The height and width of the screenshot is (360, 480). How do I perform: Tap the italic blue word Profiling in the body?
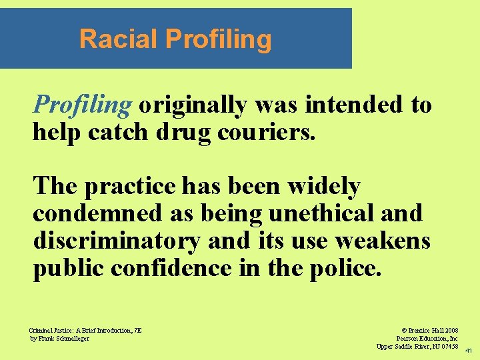coord(83,105)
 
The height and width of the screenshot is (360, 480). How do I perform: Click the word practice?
coord(134,186)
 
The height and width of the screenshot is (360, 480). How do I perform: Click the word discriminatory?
coord(116,241)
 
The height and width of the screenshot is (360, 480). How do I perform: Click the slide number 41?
coord(469,351)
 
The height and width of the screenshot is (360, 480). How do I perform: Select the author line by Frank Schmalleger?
coord(59,339)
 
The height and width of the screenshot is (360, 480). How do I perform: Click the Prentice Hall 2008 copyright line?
coord(429,330)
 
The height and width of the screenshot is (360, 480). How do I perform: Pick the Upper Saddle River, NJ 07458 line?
coord(417,347)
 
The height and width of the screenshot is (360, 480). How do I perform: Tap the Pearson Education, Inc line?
coord(427,339)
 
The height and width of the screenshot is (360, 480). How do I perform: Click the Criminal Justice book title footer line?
coord(85,330)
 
